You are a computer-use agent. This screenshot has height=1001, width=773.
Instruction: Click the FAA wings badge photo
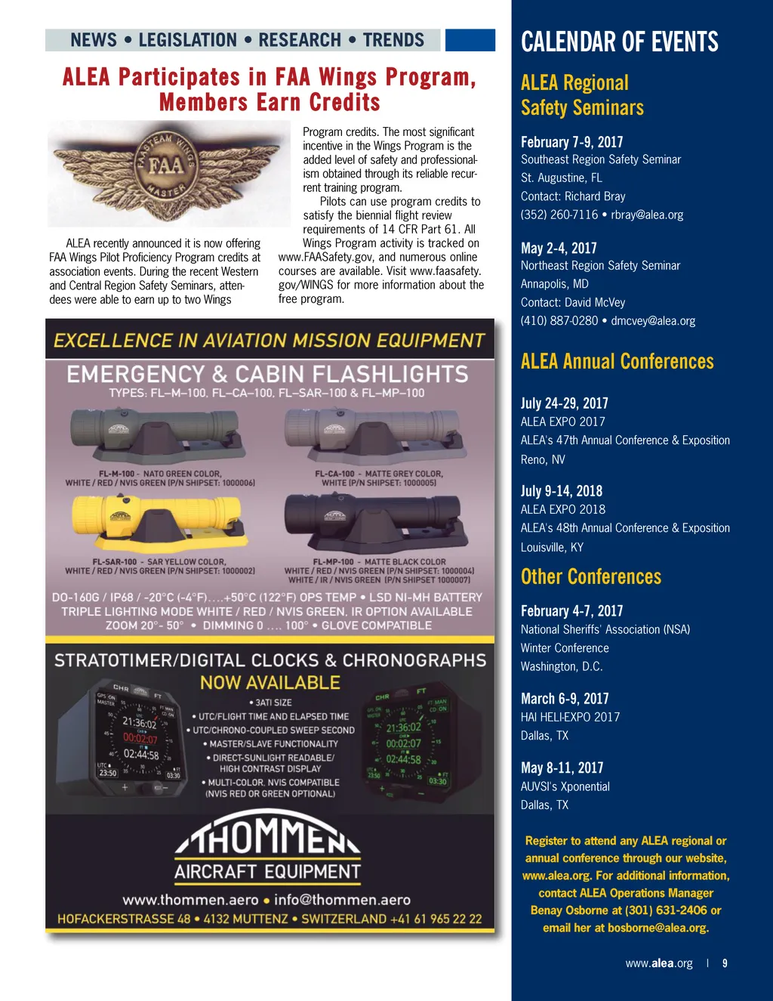(169, 173)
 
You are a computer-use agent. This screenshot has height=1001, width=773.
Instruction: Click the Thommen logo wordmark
(268, 837)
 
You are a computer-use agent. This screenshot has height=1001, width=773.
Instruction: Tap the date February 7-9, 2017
(571, 142)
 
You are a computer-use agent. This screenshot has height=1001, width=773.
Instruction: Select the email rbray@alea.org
(647, 215)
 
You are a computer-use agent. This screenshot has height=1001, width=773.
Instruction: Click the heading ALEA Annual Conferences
(617, 362)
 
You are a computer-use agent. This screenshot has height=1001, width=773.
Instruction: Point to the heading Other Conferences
(590, 577)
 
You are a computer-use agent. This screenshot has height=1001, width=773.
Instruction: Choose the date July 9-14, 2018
(561, 491)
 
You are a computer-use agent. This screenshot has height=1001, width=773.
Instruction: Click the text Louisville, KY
(552, 547)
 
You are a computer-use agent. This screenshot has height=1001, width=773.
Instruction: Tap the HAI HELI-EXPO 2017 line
(570, 717)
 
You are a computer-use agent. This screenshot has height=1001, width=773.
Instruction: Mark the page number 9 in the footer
(725, 963)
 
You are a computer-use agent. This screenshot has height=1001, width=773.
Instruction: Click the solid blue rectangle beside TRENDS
(470, 40)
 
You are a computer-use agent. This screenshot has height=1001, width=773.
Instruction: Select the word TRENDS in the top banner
(393, 40)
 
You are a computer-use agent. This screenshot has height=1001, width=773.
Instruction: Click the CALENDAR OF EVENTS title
(619, 42)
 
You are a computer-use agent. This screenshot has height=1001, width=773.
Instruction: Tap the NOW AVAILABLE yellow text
(269, 683)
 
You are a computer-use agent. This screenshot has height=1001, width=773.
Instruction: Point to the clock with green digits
(407, 743)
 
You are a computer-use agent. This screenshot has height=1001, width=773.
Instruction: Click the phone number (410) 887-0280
(559, 320)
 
